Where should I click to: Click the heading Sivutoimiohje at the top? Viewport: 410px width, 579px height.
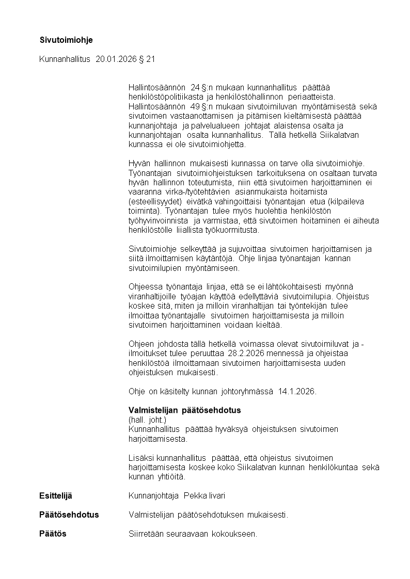pos(66,40)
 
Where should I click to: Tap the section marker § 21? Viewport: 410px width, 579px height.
pos(147,59)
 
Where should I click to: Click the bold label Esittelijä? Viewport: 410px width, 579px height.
pos(56,496)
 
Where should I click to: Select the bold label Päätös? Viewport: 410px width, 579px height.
pos(53,534)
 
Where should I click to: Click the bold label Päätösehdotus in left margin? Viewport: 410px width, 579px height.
pos(69,515)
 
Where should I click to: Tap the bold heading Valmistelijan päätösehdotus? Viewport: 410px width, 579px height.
pos(184,410)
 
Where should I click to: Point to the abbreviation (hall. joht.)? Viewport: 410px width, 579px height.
pos(147,420)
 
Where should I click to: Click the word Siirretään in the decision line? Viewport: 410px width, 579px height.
pos(147,534)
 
